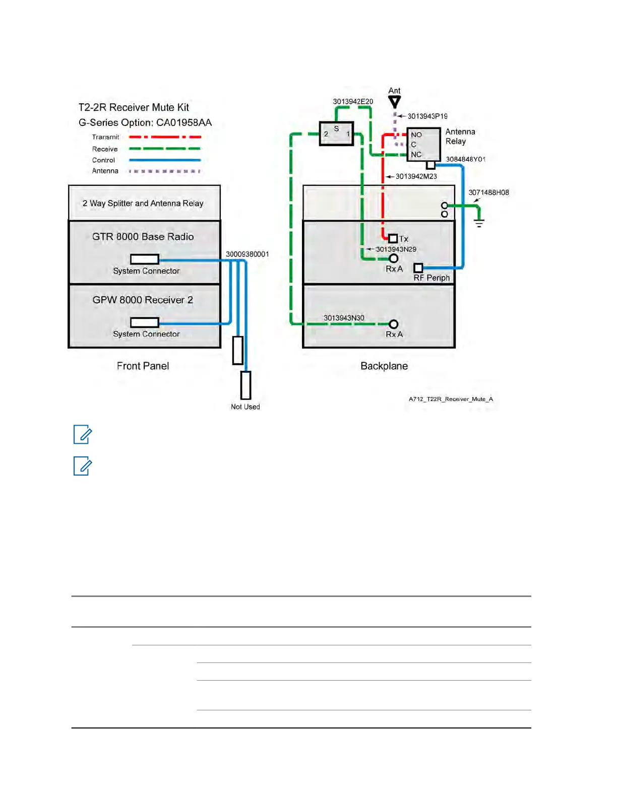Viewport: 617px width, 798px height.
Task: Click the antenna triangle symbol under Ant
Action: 395,102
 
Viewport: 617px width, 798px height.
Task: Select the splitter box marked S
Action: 336,134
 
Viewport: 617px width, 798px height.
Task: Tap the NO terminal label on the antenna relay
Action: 416,135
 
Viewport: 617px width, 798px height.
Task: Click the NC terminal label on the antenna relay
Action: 416,154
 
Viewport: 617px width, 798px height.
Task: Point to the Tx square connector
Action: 393,238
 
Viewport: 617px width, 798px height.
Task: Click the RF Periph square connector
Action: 418,268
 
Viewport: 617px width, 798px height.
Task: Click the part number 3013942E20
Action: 353,102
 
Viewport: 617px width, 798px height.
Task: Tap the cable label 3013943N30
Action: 344,318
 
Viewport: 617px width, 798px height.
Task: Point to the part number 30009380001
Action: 247,254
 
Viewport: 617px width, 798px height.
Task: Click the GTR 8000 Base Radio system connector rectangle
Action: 145,259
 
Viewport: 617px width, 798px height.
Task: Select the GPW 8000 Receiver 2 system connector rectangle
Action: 145,322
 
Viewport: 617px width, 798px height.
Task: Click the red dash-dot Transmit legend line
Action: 165,137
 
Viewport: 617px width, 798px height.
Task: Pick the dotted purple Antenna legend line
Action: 165,171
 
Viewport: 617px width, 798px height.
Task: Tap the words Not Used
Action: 245,407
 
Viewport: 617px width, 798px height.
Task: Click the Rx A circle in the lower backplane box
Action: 394,324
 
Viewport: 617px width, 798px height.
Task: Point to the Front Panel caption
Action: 143,366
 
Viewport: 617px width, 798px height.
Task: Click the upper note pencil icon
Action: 83,434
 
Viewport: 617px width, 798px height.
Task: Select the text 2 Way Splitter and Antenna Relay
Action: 143,204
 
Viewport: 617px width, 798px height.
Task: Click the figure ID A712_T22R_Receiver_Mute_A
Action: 451,399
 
